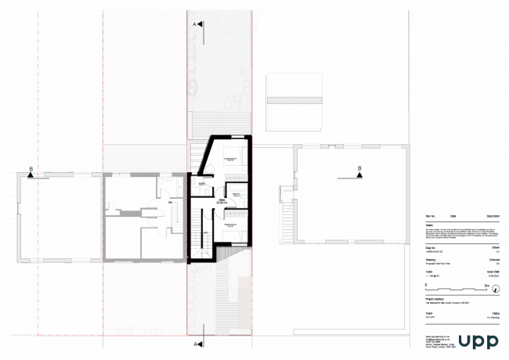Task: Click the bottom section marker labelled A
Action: pos(199,343)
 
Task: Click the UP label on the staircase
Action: pos(205,233)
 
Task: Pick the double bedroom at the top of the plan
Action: pos(232,160)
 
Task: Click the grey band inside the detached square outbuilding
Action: pos(294,99)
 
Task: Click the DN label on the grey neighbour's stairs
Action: pos(169,203)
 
